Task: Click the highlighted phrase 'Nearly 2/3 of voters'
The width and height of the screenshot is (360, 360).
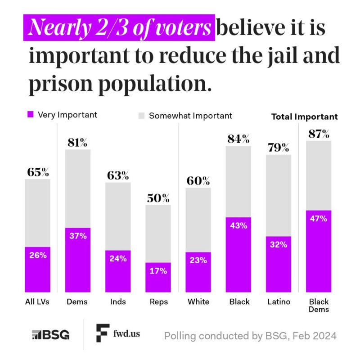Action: coord(119,29)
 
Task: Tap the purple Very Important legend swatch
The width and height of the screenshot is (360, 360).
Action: coord(30,115)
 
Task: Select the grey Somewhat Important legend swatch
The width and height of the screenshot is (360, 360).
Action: coord(141,116)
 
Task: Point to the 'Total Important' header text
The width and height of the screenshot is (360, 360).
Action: coord(304,117)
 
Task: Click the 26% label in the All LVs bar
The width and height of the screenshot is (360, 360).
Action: coord(38,255)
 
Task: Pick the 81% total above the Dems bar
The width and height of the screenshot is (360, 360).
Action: coord(78,143)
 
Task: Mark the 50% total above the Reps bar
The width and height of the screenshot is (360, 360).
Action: coord(158,198)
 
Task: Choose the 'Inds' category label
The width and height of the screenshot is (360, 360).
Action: coord(118,301)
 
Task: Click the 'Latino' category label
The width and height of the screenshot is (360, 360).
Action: coord(278,301)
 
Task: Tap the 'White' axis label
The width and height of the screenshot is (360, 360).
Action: coord(198,301)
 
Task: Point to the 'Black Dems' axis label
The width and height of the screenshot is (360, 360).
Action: coord(319,305)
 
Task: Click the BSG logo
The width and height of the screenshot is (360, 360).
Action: coord(50,335)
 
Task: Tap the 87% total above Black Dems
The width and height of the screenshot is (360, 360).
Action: coord(319,134)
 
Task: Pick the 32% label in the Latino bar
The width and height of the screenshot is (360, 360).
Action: coord(278,245)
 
